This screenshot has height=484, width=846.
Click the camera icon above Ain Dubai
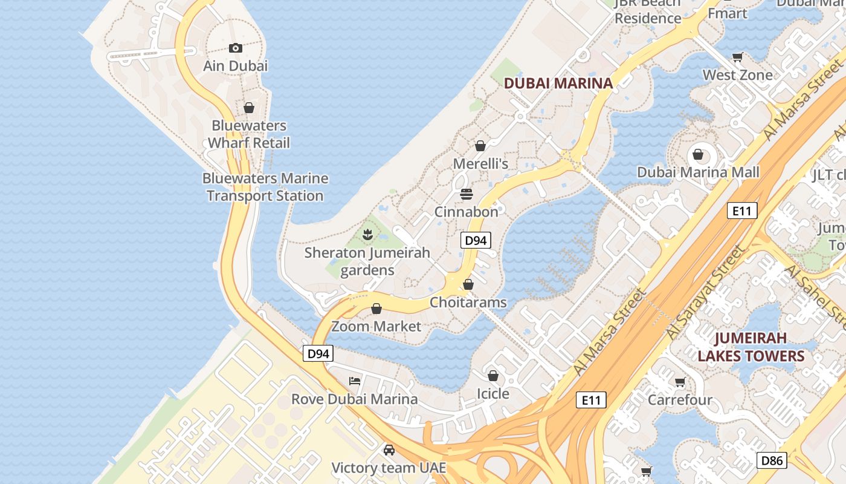(236, 48)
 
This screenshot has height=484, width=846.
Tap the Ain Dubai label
(236, 66)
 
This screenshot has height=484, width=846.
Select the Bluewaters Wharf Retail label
(249, 134)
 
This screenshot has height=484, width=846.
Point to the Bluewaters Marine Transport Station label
(265, 187)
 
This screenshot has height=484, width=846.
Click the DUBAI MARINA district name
(558, 83)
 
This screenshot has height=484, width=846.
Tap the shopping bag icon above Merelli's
(480, 146)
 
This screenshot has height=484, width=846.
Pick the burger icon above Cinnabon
(467, 194)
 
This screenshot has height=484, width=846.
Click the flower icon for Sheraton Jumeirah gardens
(367, 234)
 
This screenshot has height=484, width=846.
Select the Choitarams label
(468, 302)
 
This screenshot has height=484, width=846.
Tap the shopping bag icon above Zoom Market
(376, 309)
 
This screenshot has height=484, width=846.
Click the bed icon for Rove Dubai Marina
(355, 381)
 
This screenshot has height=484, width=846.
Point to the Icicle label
(493, 394)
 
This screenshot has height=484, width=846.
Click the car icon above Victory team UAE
(389, 450)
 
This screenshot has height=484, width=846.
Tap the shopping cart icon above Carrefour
(680, 382)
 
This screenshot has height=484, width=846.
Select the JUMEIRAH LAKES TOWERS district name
(751, 347)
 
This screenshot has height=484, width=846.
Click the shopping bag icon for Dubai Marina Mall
(698, 155)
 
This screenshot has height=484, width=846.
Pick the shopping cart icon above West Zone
(737, 57)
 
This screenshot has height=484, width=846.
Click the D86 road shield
(772, 460)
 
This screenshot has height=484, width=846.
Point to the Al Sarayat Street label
(705, 293)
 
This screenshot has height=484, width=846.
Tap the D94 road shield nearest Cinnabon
(476, 240)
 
